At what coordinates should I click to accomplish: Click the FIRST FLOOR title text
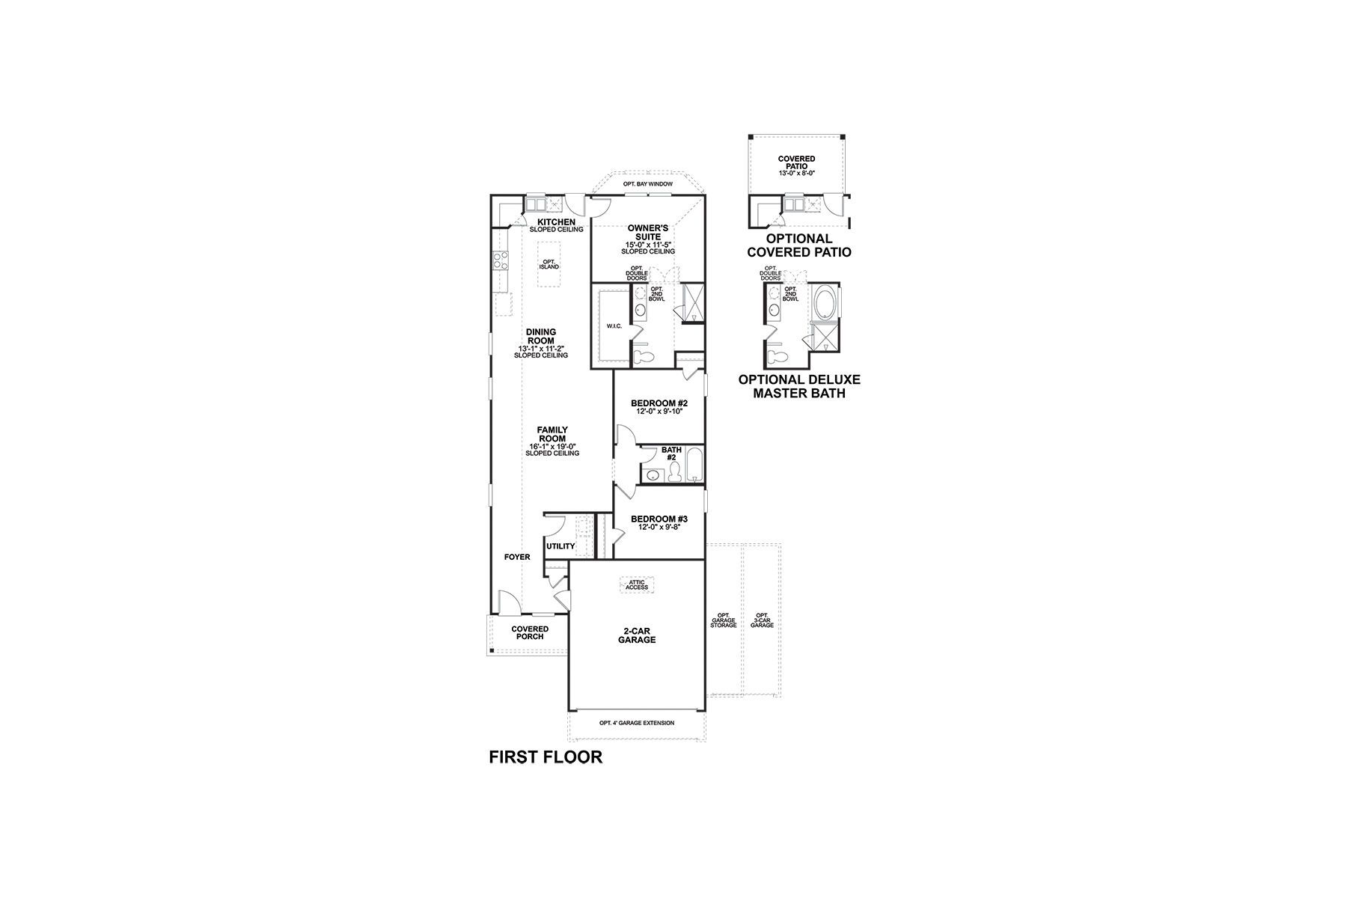click(x=546, y=757)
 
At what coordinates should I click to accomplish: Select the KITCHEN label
click(x=556, y=222)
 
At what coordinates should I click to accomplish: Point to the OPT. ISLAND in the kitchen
click(x=550, y=264)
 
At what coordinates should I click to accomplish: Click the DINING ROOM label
click(x=540, y=337)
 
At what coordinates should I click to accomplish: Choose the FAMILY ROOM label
click(x=552, y=434)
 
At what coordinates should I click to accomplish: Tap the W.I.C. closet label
click(x=614, y=326)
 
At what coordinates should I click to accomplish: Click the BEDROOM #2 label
click(x=659, y=403)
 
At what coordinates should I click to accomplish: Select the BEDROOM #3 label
click(x=659, y=519)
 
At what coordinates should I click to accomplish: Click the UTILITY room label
click(x=561, y=546)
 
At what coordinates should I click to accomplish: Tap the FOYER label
click(x=517, y=557)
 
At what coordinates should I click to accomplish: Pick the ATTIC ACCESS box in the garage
click(x=638, y=584)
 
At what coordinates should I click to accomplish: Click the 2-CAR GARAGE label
click(x=637, y=635)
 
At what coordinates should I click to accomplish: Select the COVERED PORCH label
click(x=530, y=632)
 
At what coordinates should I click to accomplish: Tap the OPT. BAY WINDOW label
click(x=647, y=184)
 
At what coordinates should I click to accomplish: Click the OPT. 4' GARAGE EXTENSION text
click(x=637, y=723)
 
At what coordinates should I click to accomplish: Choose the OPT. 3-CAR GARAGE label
click(x=762, y=620)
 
